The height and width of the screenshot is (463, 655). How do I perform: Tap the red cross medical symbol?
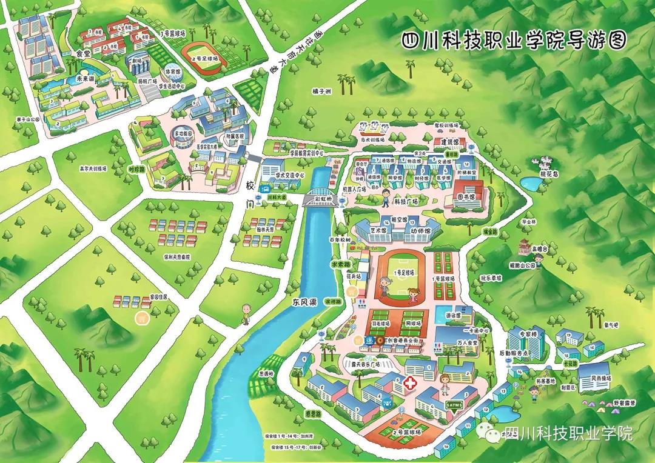tap(411, 383)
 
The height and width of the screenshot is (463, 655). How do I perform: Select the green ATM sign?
tap(455, 404)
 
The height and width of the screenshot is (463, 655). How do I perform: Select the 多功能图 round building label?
tap(183, 133)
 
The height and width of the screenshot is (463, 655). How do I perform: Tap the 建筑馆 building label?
tap(449, 141)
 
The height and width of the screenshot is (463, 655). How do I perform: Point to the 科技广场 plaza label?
tap(407, 201)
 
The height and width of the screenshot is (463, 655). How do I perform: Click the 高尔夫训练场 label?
tap(93, 169)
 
